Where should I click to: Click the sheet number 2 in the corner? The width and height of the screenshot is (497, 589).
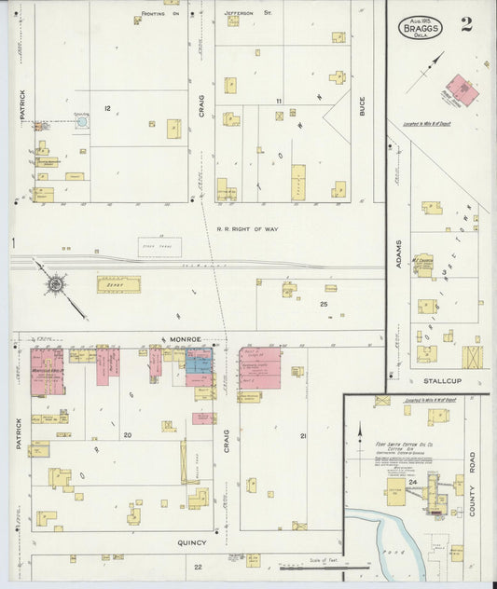point(465,24)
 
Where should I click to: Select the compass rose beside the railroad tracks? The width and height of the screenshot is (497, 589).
point(56,281)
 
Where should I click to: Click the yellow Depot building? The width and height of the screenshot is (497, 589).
point(118,284)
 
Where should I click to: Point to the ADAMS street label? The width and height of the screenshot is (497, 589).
point(398,253)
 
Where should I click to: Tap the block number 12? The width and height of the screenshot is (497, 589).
point(107,109)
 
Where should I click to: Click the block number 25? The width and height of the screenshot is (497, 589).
point(324,304)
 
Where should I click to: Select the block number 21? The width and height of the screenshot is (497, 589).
point(303,435)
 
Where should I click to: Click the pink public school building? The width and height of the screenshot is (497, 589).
point(461,90)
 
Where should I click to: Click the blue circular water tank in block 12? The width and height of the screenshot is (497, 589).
point(81,122)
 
